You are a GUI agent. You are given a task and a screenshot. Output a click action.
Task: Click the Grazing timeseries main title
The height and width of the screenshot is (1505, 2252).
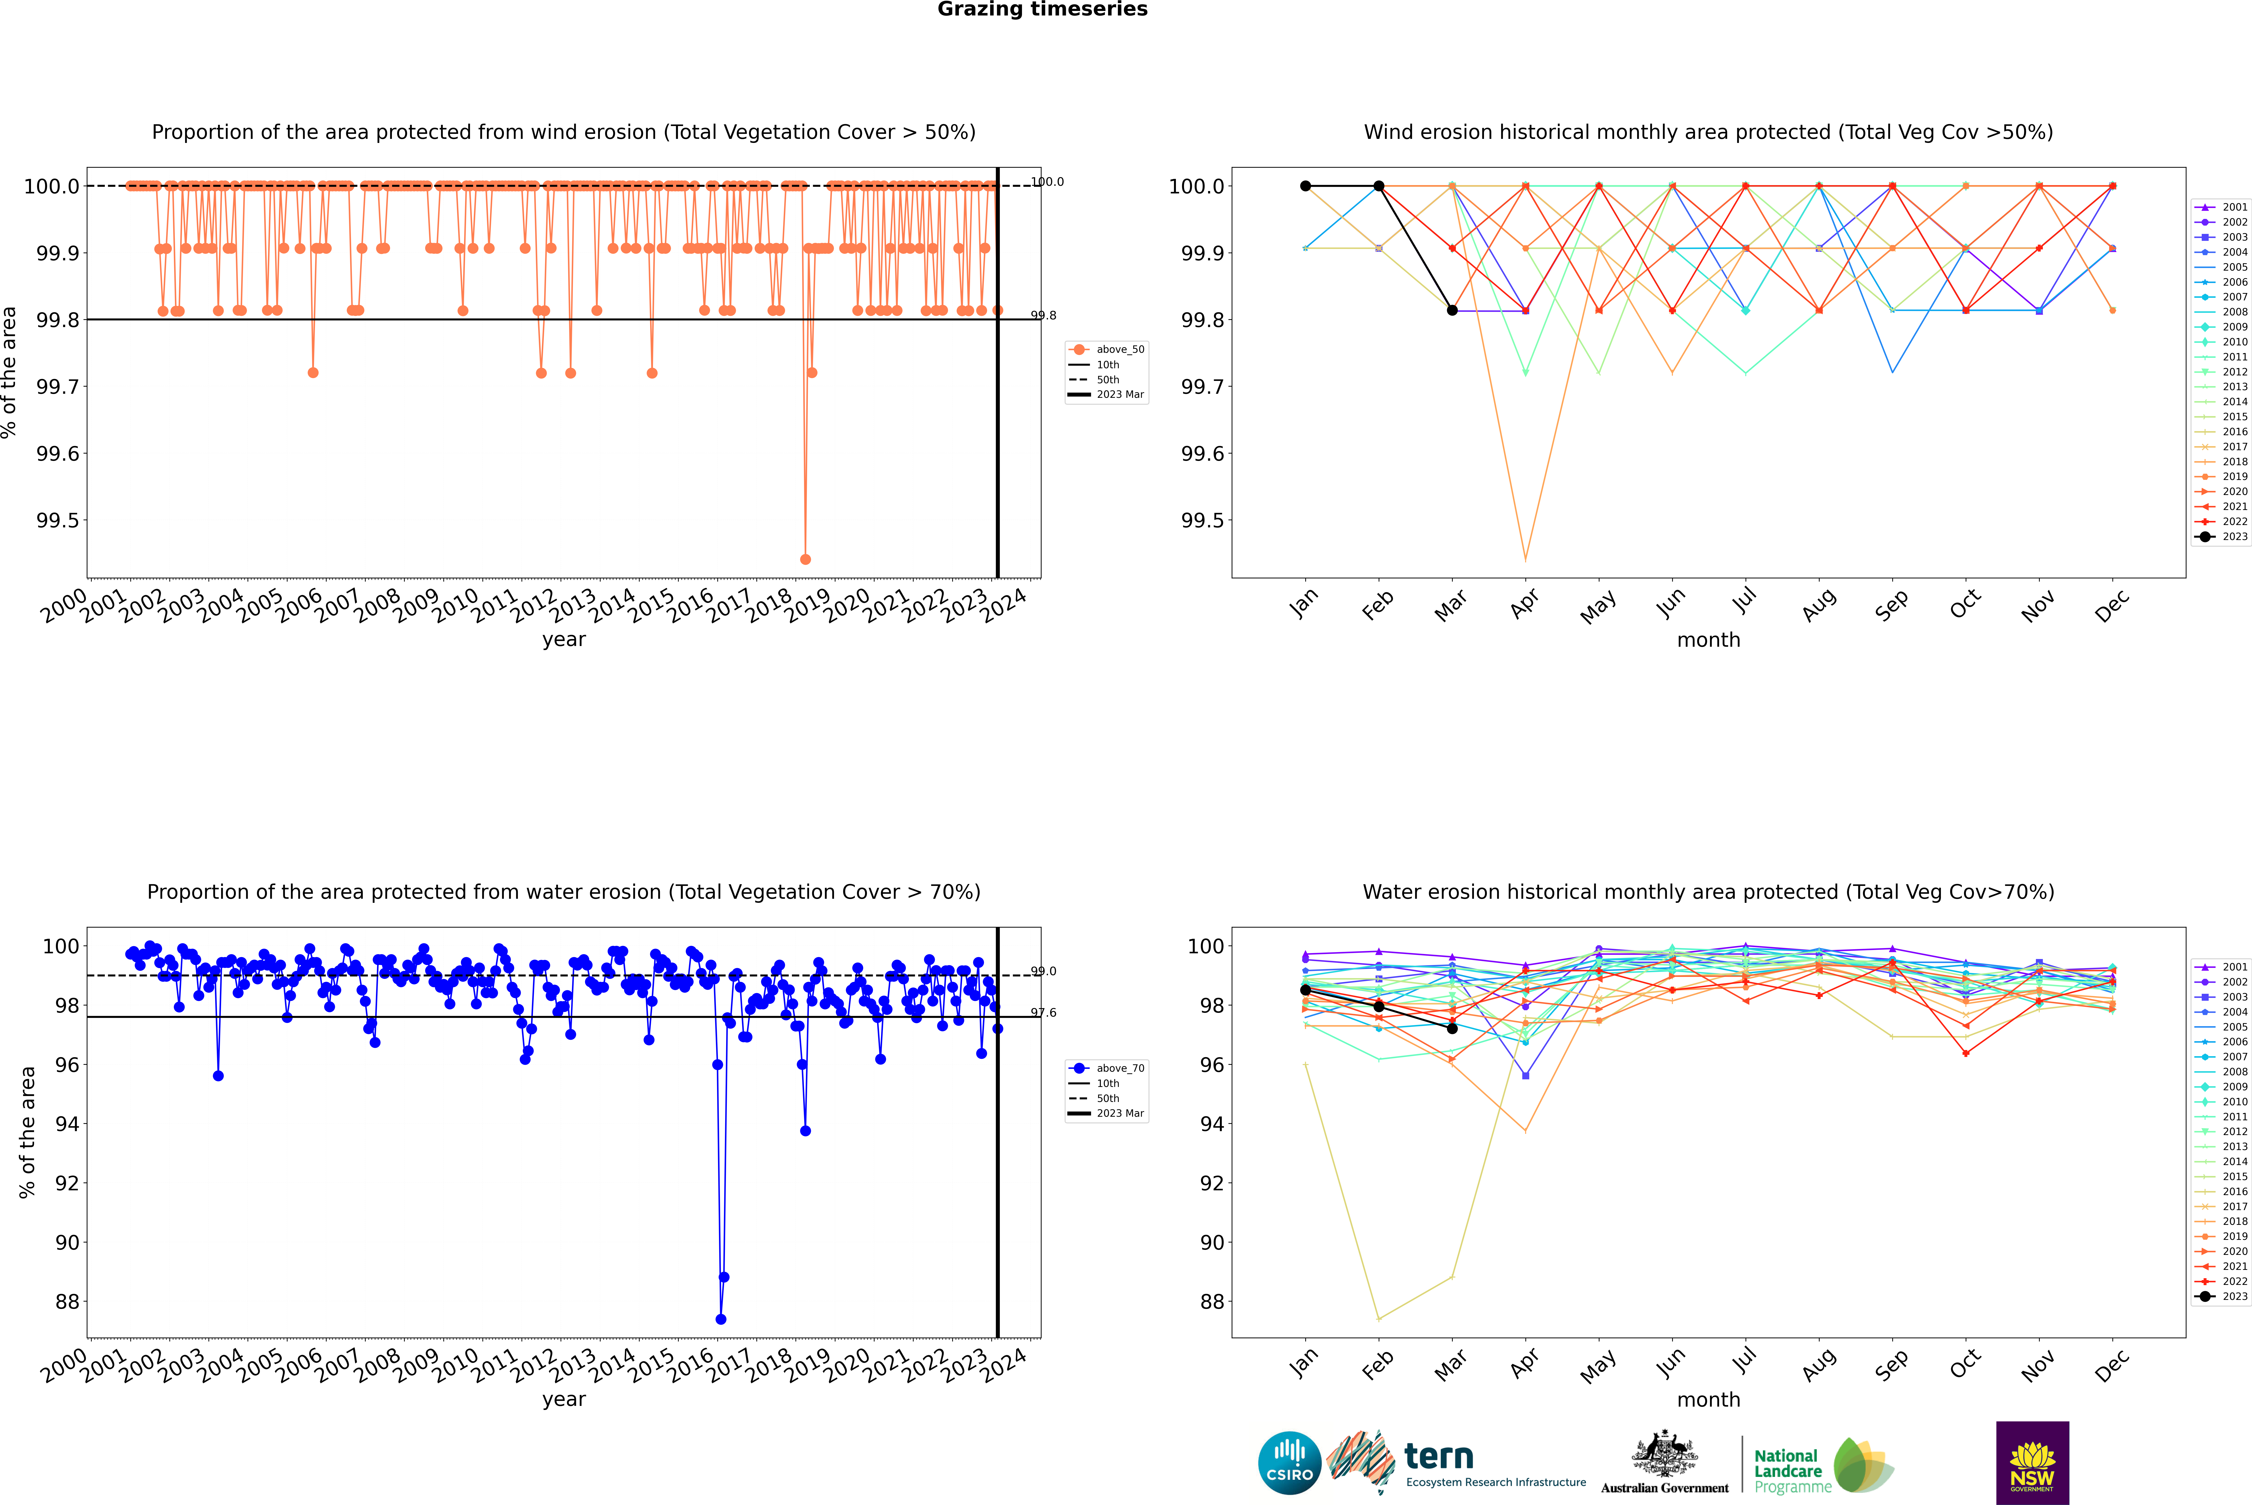[1042, 10]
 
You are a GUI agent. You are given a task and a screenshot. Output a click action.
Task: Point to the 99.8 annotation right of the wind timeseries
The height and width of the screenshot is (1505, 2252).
[1043, 315]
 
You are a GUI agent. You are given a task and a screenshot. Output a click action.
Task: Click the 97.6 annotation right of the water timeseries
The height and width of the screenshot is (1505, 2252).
[1043, 1013]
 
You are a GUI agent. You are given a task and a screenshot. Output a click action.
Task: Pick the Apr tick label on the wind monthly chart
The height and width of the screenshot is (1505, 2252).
[1523, 605]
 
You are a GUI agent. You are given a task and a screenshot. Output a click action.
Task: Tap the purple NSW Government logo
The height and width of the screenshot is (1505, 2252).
[2032, 1463]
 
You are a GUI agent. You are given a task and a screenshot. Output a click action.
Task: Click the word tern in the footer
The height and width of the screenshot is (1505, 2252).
[1438, 1457]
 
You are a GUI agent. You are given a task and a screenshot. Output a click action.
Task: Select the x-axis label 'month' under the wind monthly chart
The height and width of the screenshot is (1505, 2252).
[1708, 640]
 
